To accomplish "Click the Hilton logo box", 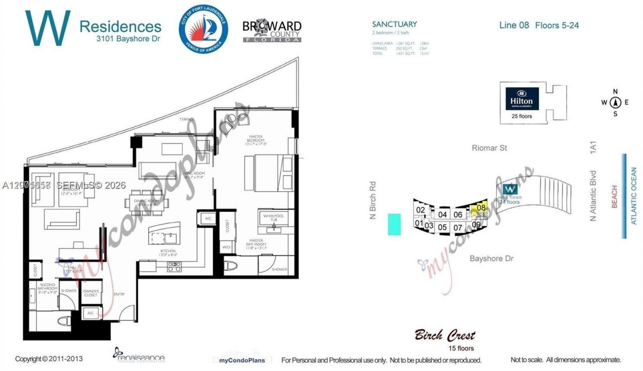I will tap(522, 99).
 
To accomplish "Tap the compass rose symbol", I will tap(615, 103).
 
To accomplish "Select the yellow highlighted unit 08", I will tap(481, 208).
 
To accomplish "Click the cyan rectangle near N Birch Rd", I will tap(394, 224).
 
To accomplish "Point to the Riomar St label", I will tap(489, 148).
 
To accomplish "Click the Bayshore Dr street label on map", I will tap(491, 258).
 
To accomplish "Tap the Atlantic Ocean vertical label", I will tap(633, 196).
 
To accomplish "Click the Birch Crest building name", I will tap(445, 335).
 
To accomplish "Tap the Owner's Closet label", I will tap(91, 293).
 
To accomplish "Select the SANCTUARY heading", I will tap(394, 24).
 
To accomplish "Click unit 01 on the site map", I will tap(418, 223).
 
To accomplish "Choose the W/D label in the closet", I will tap(226, 247).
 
